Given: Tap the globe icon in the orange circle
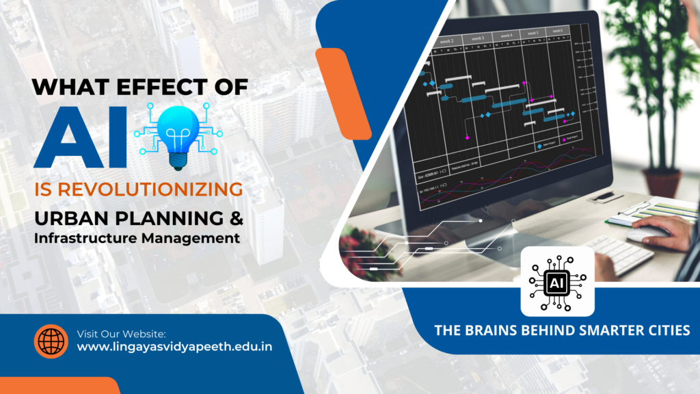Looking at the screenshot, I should pos(51,341).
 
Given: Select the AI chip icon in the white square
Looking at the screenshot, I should pos(557,281).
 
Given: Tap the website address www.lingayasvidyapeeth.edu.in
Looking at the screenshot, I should pos(174,347).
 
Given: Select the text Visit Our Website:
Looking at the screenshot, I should pos(122,333).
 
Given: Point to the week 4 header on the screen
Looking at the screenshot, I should pos(506,36).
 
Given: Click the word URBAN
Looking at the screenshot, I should pos(68,220).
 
